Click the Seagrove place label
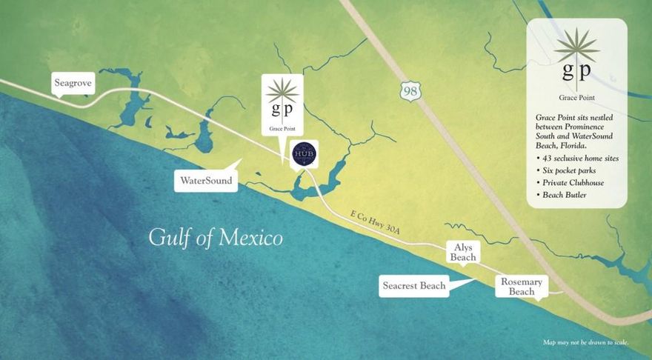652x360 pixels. click(72, 84)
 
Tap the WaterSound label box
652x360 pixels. click(205, 180)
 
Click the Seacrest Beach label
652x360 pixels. click(413, 286)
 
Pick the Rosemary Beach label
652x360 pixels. click(522, 287)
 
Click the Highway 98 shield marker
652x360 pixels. click(410, 91)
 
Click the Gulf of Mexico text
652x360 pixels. click(216, 239)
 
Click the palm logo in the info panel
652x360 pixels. click(576, 46)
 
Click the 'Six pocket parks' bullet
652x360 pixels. click(570, 170)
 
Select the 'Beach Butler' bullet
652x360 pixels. click(565, 195)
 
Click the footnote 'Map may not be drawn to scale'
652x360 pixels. click(585, 342)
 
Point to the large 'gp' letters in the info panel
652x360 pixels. click(576, 71)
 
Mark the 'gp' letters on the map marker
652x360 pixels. click(282, 110)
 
